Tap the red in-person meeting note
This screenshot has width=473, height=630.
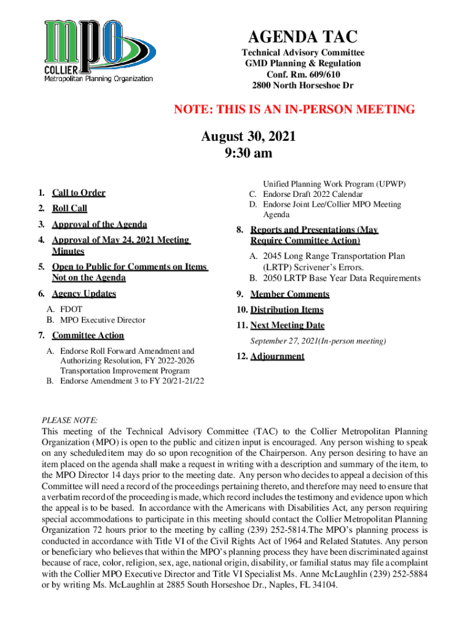coord(294,110)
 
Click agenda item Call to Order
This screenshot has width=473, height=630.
coord(78,193)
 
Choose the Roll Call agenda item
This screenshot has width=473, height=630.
coord(69,209)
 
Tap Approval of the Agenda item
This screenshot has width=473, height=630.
coord(99,225)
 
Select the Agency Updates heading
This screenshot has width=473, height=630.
coord(84,293)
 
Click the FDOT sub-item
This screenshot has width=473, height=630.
coord(71,309)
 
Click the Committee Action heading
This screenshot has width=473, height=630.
coord(88,335)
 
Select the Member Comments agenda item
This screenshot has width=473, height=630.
coord(289,294)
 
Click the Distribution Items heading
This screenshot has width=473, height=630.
coord(287,309)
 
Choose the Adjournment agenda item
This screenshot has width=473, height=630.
coord(277,356)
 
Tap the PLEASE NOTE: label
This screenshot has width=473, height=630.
coord(69,420)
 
